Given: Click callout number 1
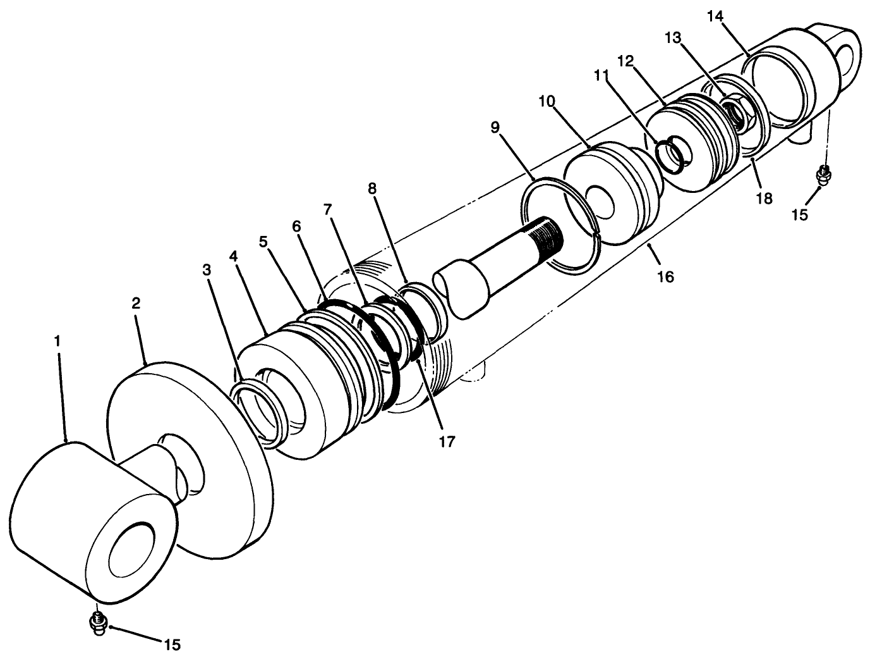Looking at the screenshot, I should [57, 341].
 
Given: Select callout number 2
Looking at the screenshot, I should [136, 303].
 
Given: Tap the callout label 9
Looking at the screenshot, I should [495, 128].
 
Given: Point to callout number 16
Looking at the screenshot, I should [666, 276].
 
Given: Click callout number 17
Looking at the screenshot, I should [447, 441].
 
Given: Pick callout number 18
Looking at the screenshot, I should [764, 199].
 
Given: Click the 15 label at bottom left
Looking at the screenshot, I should [172, 644].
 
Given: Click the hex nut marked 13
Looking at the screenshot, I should [737, 112].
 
